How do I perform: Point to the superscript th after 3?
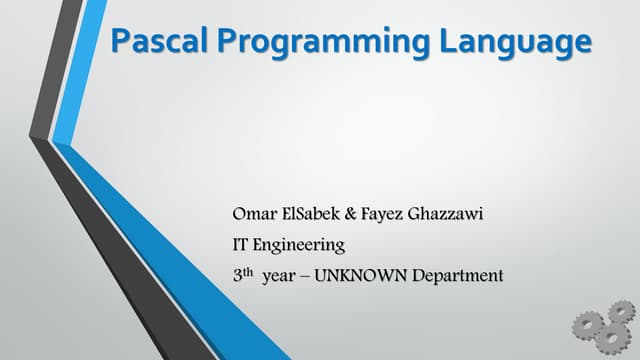(249, 271)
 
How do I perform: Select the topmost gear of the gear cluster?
(620, 312)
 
